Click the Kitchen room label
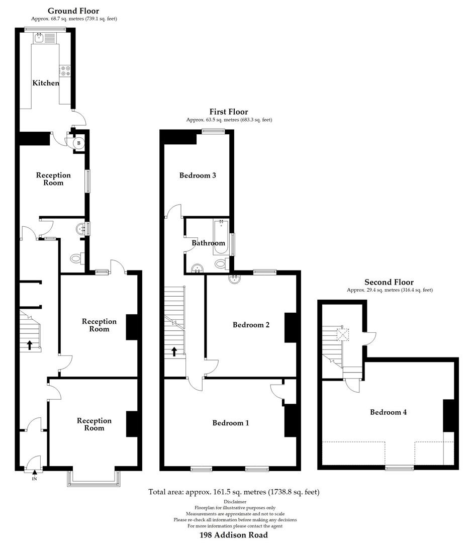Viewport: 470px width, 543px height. [46, 83]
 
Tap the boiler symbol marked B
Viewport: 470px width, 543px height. [78, 143]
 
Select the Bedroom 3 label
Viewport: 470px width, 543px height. [198, 175]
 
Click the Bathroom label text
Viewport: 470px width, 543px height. [209, 243]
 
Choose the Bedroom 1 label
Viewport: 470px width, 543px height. [231, 423]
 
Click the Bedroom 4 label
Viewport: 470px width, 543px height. [389, 412]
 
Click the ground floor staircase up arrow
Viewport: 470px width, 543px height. [29, 345]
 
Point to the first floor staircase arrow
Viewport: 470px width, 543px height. [174, 351]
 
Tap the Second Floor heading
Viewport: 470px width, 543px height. [389, 283]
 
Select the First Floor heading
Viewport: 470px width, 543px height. [229, 112]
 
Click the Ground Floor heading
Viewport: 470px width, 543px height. [73, 11]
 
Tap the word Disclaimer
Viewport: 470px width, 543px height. [235, 502]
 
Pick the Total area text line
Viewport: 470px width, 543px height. [234, 492]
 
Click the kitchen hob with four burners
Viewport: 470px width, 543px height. [65, 72]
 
